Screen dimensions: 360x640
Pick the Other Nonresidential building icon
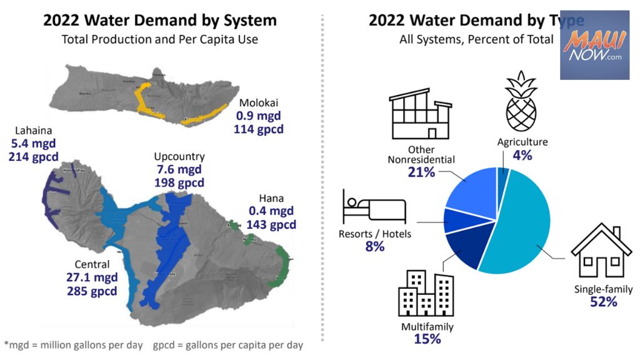click(421, 113)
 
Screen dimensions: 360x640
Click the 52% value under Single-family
click(603, 302)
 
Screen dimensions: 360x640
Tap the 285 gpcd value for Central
click(92, 291)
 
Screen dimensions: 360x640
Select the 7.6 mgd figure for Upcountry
click(179, 169)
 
